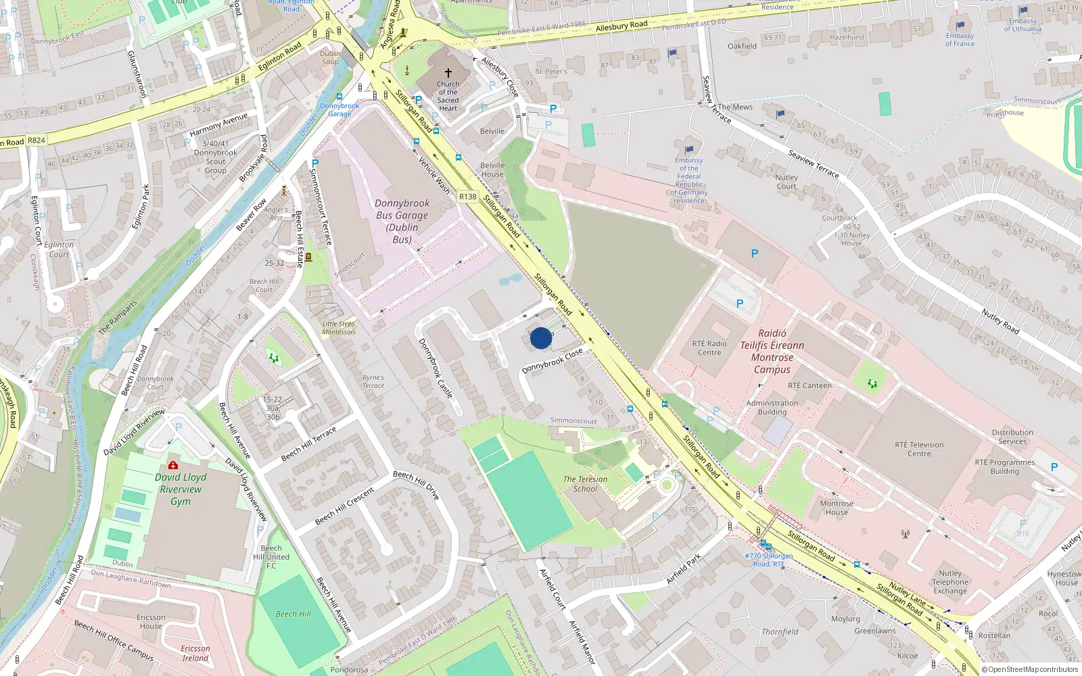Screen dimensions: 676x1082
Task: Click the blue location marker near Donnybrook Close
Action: (541, 338)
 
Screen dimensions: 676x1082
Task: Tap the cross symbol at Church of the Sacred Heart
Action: (448, 72)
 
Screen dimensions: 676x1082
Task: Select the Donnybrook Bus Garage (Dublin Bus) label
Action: (402, 221)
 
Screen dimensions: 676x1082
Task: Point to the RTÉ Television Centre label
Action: (919, 449)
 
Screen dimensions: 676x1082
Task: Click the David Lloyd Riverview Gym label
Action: (181, 489)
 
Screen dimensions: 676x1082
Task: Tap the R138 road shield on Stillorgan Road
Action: (468, 197)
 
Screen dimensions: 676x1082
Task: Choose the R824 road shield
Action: (37, 141)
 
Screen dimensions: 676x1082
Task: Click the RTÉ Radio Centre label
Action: (709, 347)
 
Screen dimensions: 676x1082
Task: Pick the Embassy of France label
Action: (960, 39)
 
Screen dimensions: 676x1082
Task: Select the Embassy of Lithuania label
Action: (1022, 24)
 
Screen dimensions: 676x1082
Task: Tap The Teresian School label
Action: (585, 483)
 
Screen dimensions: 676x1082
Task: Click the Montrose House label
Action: (837, 508)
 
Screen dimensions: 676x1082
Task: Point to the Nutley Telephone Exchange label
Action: (950, 581)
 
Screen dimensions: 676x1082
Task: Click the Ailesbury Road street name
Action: (621, 26)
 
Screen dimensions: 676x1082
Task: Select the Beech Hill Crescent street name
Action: (344, 506)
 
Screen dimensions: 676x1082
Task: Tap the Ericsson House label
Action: (151, 621)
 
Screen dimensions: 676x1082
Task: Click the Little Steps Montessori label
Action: (338, 328)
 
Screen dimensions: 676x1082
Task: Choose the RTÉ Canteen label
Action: (809, 385)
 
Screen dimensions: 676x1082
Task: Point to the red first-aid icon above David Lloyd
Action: (173, 465)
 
